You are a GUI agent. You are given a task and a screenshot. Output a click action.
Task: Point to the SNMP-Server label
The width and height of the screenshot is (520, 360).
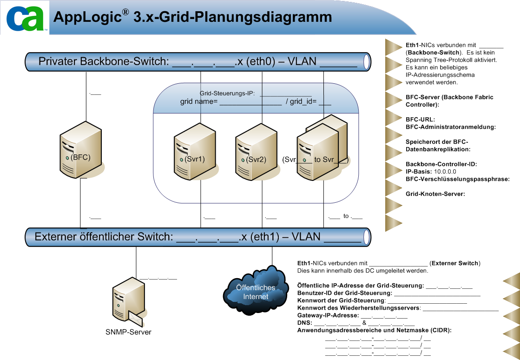pos(128,332)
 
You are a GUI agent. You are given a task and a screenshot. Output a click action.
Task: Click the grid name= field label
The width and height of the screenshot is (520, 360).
pos(199,101)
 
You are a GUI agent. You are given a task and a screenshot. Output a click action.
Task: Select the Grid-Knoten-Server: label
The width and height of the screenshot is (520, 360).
pos(435,194)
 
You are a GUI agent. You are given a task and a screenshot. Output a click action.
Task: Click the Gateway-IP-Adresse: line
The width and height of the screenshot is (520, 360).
pos(328,315)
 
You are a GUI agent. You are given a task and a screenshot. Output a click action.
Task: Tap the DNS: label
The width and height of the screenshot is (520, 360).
pos(304,323)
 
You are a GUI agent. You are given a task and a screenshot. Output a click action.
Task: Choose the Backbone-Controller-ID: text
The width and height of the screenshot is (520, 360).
pos(441,164)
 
